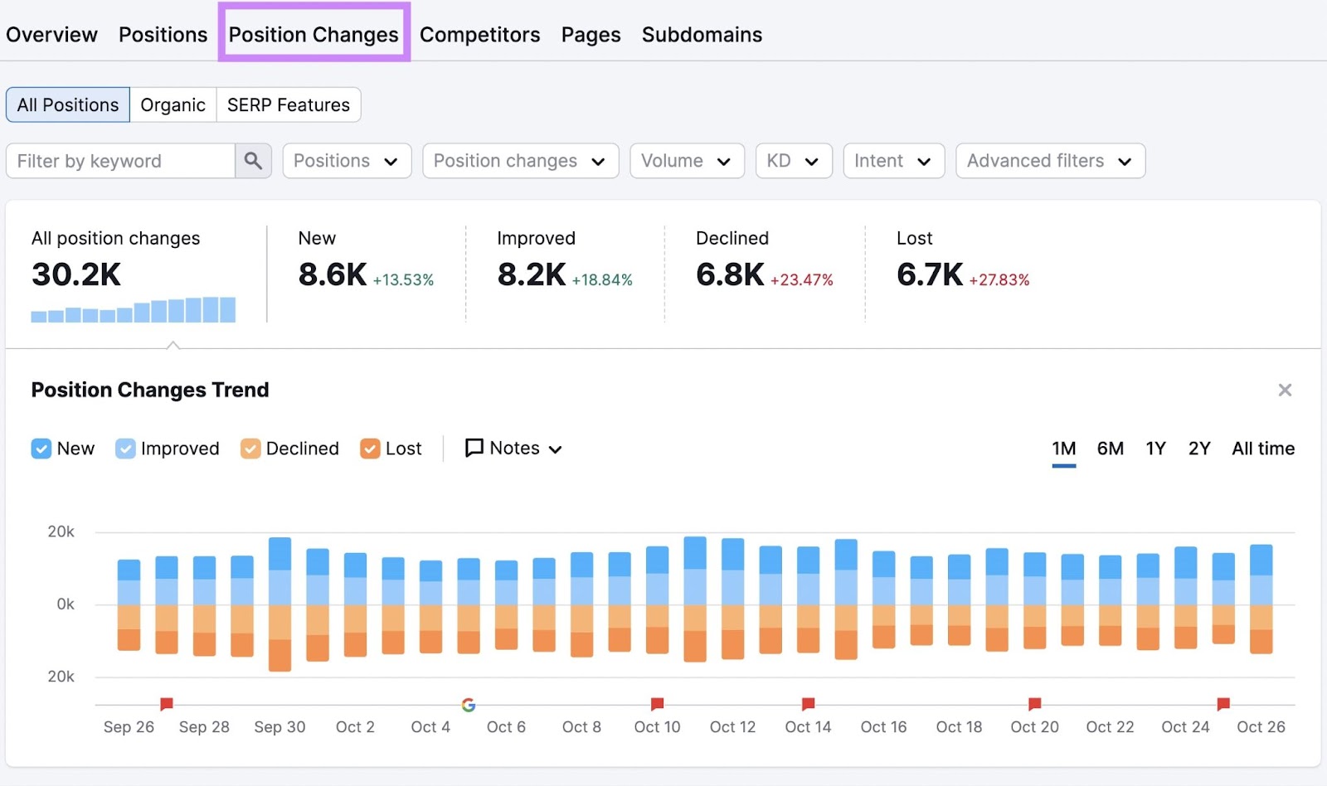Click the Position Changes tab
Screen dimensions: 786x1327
tap(314, 34)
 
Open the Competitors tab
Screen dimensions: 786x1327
tap(479, 34)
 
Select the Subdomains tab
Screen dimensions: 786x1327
tap(702, 34)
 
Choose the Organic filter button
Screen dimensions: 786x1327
tap(173, 104)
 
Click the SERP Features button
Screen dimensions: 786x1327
tap(288, 104)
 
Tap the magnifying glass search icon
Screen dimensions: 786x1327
tap(253, 160)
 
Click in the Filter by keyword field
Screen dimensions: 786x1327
tap(120, 160)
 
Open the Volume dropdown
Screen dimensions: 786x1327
tap(686, 160)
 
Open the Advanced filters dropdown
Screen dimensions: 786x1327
tap(1049, 160)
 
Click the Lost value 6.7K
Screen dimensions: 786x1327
tap(929, 274)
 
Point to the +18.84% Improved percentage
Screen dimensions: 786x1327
tap(602, 280)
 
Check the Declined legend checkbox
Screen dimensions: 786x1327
tap(250, 449)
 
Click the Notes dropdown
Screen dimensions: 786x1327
tap(514, 449)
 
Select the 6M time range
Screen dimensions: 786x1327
tap(1110, 449)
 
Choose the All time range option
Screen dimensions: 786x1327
tap(1262, 449)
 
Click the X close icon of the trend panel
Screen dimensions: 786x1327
tap(1285, 390)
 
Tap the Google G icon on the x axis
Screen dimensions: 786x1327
tap(469, 705)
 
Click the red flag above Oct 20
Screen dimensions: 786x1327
tap(1034, 704)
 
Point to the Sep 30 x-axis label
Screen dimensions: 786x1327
tap(279, 727)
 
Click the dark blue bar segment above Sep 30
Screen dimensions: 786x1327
tap(280, 553)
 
